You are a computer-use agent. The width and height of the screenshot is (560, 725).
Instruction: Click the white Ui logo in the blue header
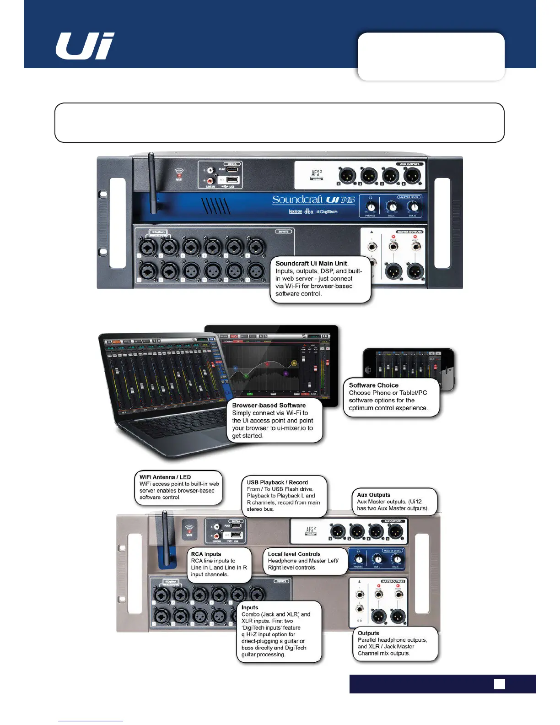tap(85, 46)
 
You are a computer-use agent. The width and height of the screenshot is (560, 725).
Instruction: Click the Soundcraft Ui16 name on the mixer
tap(313, 200)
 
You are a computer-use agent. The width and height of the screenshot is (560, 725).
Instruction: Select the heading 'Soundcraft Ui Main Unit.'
tap(312, 263)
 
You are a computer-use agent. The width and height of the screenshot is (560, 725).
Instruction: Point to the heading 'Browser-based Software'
tap(269, 405)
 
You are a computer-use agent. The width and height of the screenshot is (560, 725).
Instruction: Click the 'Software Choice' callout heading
tap(373, 385)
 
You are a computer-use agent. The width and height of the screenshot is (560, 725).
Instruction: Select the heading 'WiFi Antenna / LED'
tap(165, 477)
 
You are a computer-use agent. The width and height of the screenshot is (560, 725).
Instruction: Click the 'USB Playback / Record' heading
tap(277, 482)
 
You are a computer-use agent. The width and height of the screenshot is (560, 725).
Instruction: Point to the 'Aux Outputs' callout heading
tap(373, 495)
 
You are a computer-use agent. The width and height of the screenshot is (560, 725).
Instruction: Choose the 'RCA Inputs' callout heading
tap(206, 554)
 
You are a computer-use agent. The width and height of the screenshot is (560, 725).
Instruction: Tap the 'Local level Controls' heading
tap(294, 554)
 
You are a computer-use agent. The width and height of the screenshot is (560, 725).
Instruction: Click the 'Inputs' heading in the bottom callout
tap(250, 607)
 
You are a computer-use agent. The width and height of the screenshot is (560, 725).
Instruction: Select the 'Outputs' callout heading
tap(368, 633)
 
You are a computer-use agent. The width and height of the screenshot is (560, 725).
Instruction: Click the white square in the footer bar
tap(500, 684)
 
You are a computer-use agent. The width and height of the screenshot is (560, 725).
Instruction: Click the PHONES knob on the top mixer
tap(371, 207)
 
